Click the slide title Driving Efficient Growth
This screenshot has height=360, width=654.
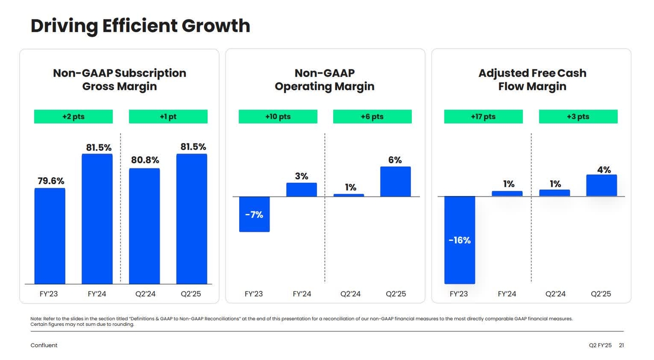141,26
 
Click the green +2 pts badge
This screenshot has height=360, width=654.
73,116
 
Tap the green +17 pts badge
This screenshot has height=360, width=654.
483,116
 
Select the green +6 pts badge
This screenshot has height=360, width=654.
372,116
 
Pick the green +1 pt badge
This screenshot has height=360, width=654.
168,116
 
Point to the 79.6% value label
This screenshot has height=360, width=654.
51,181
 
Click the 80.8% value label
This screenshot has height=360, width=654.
145,160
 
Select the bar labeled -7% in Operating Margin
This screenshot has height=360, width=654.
254,214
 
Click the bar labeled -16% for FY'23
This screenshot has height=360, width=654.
459,240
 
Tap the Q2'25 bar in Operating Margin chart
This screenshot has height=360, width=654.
395,181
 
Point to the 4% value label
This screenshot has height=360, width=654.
604,170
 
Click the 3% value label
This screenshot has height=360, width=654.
301,176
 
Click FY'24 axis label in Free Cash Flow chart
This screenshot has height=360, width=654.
507,294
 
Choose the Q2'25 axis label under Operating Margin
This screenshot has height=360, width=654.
395,294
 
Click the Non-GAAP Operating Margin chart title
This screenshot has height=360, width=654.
324,80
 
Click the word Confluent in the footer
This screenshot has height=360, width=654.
44,346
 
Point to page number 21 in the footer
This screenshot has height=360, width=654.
621,346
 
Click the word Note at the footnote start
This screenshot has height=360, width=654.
36,319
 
